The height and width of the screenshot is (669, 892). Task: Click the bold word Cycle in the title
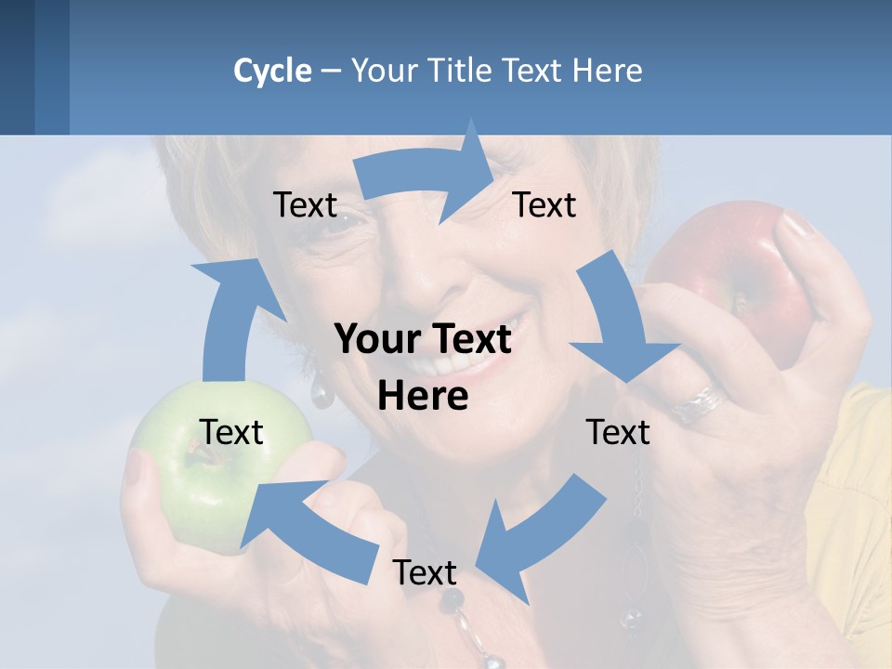pos(272,71)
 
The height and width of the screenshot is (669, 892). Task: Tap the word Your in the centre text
pos(376,340)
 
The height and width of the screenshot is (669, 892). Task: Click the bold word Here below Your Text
pos(423,397)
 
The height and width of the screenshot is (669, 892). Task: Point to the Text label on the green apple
pos(231,432)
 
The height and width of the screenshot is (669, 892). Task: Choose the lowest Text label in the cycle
pos(425,572)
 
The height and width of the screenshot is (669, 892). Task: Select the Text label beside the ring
pos(618,432)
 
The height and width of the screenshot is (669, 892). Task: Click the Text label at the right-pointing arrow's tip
pos(544,205)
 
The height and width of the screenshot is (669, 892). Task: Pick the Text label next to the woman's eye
pos(305,205)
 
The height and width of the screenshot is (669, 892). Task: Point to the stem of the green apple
pos(197,453)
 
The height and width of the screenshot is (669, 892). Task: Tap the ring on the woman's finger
pos(702,401)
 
